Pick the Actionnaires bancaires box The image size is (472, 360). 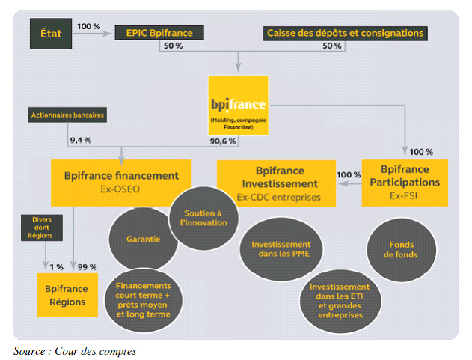(x=67, y=115)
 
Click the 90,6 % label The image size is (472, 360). (x=222, y=141)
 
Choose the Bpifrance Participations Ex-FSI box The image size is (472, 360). (x=405, y=182)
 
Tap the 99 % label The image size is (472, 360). (x=89, y=266)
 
